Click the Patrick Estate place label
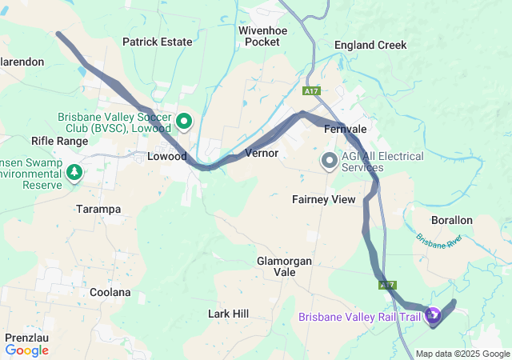click(157, 42)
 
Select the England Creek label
click(370, 45)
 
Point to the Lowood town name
click(166, 157)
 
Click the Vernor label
click(262, 152)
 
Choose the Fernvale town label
click(345, 129)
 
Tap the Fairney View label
click(323, 199)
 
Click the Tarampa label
click(98, 209)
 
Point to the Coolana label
click(110, 292)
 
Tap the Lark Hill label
click(229, 314)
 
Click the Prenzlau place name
click(26, 338)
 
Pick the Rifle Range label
click(59, 141)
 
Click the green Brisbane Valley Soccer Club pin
click(184, 122)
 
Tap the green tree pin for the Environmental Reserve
click(74, 172)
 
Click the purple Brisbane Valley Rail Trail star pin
click(433, 317)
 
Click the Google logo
click(27, 350)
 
